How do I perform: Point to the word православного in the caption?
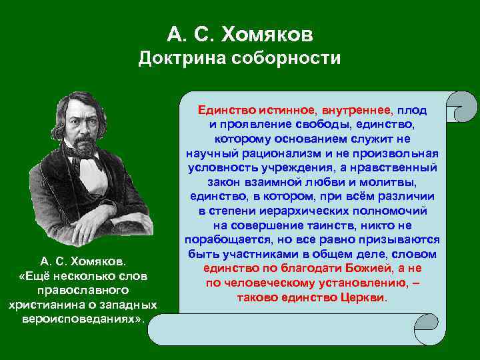[x=83, y=291]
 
